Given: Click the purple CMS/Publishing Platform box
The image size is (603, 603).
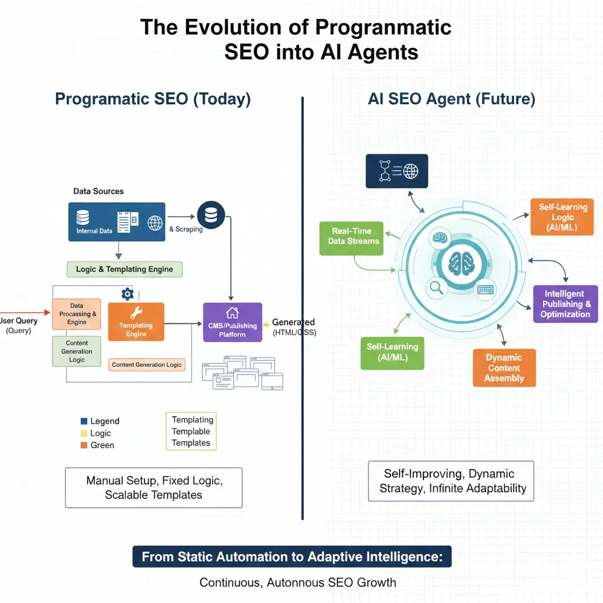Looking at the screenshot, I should click(x=232, y=322).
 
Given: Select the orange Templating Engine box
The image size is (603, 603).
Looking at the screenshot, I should click(x=136, y=322).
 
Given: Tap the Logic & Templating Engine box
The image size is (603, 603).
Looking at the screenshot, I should click(x=125, y=269).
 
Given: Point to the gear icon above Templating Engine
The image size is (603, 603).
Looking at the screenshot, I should click(x=127, y=294).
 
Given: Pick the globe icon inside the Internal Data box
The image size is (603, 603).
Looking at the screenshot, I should click(x=155, y=223).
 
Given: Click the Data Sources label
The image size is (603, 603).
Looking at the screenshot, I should click(x=98, y=191).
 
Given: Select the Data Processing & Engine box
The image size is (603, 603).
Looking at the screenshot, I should click(x=77, y=314).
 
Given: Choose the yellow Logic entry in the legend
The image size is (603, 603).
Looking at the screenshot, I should click(x=84, y=433).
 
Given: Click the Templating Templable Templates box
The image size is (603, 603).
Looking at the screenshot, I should click(x=191, y=431).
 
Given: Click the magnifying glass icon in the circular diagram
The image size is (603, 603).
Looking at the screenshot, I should click(x=436, y=287).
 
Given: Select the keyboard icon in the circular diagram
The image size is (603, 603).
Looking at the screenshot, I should click(x=485, y=289).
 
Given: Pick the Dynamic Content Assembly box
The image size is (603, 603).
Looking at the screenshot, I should click(x=504, y=368).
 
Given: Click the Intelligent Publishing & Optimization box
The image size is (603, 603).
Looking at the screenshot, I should click(x=565, y=304).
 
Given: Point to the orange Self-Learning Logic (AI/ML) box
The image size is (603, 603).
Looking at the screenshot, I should click(x=562, y=217).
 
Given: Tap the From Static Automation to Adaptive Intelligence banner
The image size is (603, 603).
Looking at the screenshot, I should click(x=292, y=556).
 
